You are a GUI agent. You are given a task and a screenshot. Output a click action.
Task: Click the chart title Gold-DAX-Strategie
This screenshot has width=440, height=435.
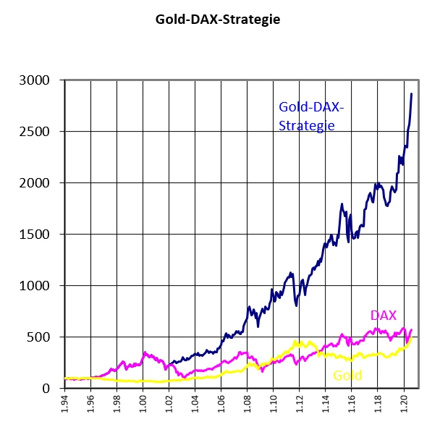coord(218,20)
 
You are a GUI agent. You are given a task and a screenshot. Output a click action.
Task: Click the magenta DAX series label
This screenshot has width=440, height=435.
coord(383,316)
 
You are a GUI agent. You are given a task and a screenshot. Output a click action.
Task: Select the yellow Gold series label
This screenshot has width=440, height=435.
coord(347,375)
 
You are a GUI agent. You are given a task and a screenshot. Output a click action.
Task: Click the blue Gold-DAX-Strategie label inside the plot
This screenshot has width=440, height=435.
coord(311,116)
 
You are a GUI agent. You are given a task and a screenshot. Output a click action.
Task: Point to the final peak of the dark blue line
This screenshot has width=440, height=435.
coord(412,93)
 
